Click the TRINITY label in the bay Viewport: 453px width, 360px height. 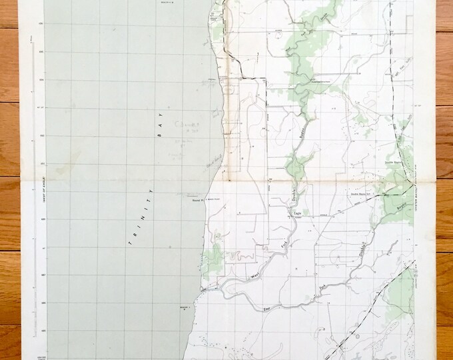point(142,217)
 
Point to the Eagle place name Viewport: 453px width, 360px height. point(298,213)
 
